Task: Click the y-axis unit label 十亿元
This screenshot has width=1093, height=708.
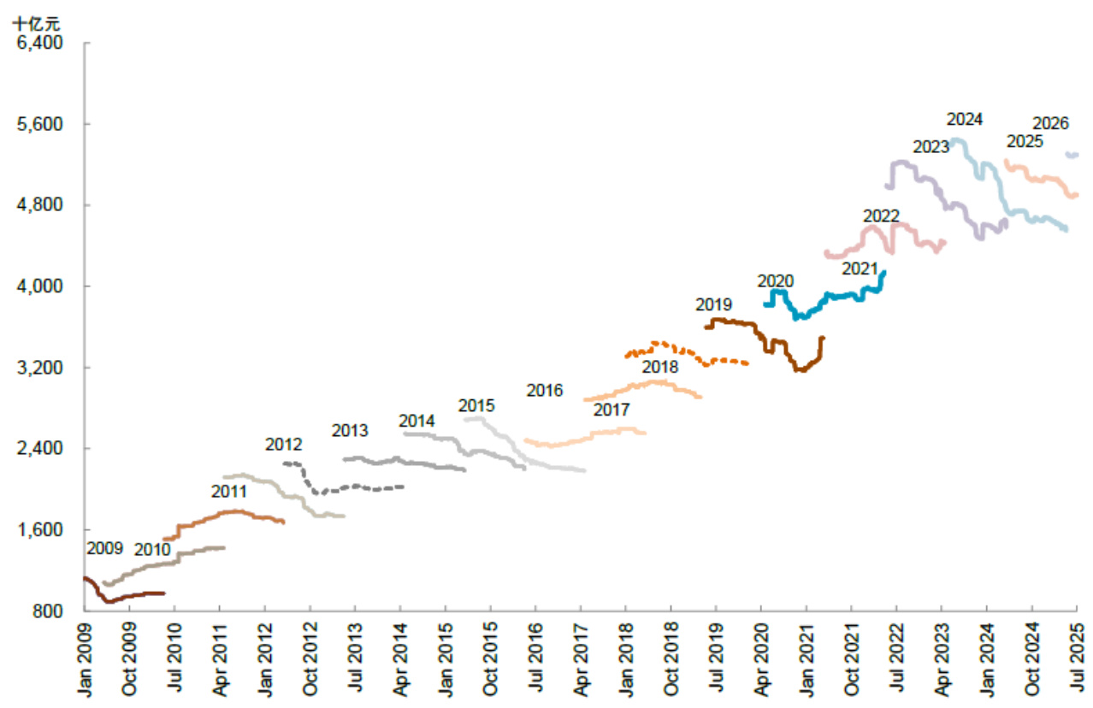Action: (x=37, y=23)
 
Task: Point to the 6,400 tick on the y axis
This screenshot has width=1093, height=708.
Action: (x=40, y=43)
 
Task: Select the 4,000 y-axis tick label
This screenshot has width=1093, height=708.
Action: (x=40, y=286)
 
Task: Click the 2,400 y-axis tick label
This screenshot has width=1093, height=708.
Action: (x=40, y=449)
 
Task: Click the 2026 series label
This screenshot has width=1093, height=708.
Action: (x=1050, y=123)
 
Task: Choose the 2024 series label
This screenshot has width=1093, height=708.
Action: (x=964, y=119)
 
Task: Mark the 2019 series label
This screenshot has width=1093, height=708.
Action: (x=713, y=304)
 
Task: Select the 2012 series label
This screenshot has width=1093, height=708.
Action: (x=283, y=444)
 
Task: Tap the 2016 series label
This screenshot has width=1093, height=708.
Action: (x=545, y=391)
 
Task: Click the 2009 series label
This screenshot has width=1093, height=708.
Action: (x=104, y=548)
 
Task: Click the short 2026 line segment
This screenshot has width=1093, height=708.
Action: (x=1072, y=155)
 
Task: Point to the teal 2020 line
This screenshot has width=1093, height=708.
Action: (x=821, y=298)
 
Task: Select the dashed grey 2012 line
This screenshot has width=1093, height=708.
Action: (x=359, y=487)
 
